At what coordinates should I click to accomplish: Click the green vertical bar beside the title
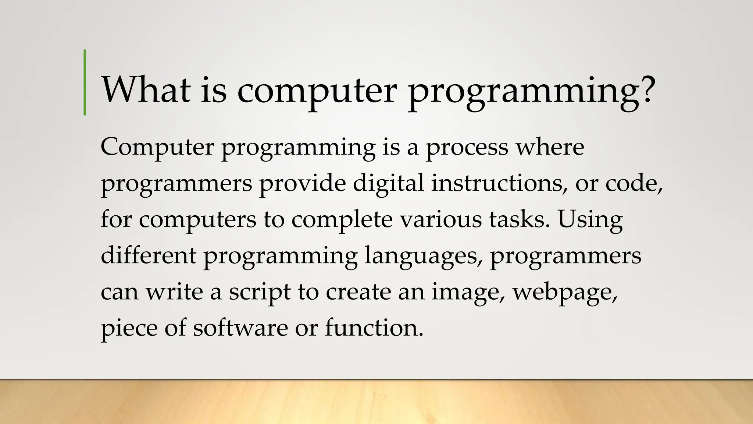(x=85, y=82)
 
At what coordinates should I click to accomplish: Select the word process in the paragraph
(x=467, y=148)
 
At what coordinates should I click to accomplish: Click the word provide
(x=302, y=183)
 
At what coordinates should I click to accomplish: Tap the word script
(x=260, y=292)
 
